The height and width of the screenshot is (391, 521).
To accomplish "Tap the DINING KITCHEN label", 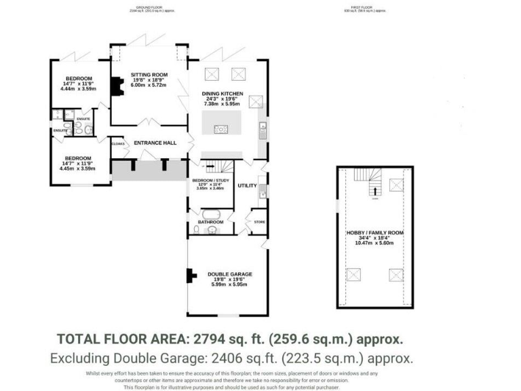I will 223,93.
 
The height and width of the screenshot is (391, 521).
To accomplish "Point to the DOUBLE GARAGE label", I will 227,274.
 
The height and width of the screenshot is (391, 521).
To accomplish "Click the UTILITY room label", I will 246,185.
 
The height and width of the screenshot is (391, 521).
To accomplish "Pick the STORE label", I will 258,221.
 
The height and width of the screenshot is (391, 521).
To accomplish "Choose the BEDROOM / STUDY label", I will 212,179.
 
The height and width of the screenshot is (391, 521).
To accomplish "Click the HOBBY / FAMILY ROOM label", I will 374,233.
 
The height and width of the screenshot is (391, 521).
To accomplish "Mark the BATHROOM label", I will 211,221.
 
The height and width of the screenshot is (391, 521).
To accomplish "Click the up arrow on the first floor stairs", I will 373,198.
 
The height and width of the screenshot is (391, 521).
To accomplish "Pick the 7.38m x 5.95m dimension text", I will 223,105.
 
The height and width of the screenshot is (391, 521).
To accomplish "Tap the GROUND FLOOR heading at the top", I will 150,8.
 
